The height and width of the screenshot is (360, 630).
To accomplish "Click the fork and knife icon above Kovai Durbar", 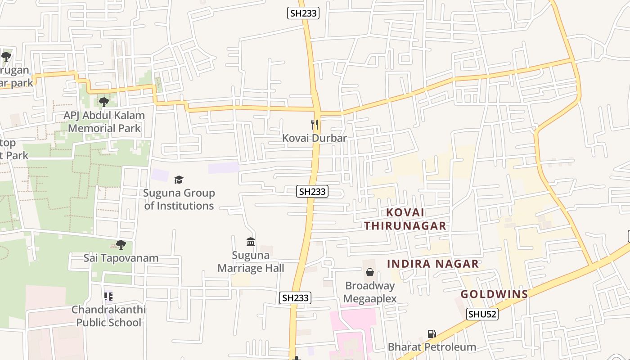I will click(x=315, y=125).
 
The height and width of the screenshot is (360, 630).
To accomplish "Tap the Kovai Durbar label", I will click(x=315, y=138).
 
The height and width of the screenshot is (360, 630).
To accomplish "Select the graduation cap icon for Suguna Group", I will click(x=179, y=180).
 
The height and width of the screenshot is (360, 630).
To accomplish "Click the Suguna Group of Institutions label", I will click(x=179, y=199).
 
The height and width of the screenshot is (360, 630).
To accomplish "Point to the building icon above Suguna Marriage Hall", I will click(x=251, y=242).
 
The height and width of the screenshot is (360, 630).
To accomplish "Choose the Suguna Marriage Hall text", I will click(x=251, y=262).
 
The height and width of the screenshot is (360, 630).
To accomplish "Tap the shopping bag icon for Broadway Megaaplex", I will click(x=370, y=272).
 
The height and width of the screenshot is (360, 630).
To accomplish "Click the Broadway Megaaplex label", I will click(x=370, y=292).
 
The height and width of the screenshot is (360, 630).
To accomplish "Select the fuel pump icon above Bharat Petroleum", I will click(x=432, y=334).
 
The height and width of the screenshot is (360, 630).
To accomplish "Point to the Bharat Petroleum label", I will click(x=432, y=347).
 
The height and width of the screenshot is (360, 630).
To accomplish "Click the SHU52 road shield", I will click(x=482, y=314).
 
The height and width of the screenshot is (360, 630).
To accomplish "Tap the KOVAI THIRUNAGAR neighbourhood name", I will click(x=405, y=219).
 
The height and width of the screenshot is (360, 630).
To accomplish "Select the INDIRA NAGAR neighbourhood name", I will click(x=433, y=264).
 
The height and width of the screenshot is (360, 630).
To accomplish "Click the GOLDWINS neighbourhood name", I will click(x=494, y=294).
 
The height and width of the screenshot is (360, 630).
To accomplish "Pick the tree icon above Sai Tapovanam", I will click(x=121, y=245).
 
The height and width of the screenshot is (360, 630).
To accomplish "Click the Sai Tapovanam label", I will click(x=121, y=258).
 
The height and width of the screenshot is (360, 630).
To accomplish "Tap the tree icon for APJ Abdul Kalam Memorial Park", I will click(x=104, y=102).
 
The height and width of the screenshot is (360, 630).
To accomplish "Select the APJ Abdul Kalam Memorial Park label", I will click(x=104, y=121).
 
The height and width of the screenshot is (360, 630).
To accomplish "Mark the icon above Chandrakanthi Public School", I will click(x=108, y=297).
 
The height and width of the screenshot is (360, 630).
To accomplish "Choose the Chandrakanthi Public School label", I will click(x=108, y=316).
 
